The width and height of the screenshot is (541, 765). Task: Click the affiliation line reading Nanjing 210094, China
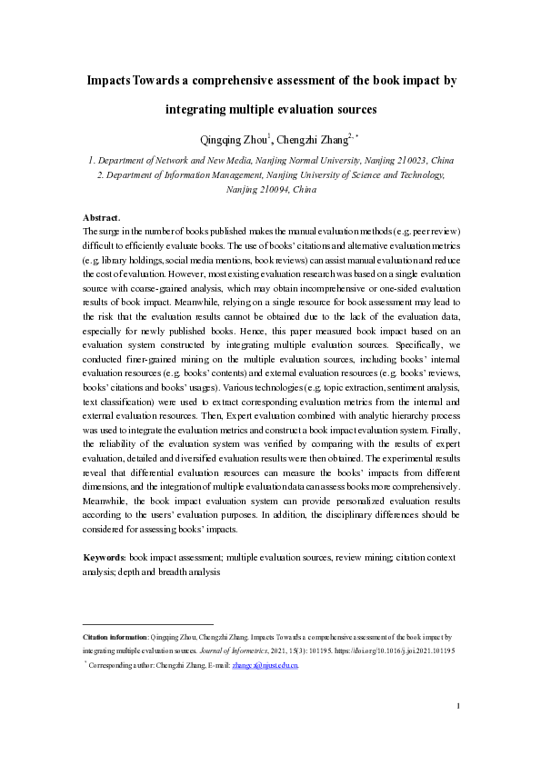click(x=270, y=191)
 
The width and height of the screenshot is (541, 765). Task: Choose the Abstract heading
click(x=101, y=218)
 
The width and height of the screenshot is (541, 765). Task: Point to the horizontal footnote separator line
click(x=147, y=624)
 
